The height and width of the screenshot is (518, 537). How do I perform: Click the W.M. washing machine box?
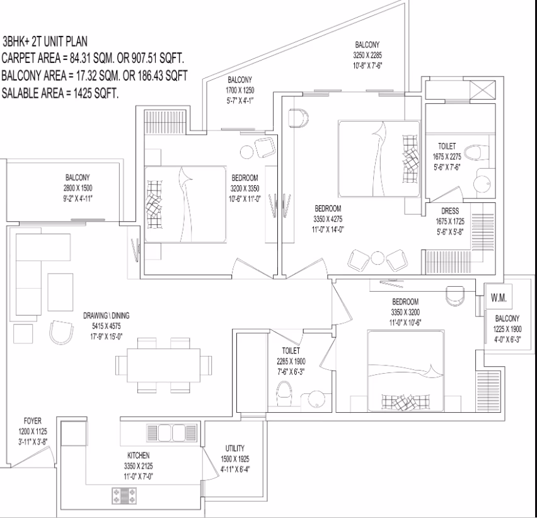tap(499, 297)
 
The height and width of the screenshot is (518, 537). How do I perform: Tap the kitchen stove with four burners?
tap(124, 496)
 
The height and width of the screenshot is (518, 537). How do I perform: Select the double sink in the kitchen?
tap(171, 433)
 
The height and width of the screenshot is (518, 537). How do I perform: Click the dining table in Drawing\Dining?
tap(164, 365)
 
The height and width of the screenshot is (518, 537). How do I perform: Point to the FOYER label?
tap(33, 421)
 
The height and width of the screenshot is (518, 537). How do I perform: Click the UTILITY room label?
tap(235, 448)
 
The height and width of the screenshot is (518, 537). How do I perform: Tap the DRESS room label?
tap(450, 211)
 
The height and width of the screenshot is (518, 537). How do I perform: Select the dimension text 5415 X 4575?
tap(106, 326)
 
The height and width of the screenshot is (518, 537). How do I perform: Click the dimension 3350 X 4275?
tap(328, 219)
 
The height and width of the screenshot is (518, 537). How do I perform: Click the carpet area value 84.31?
tap(80, 58)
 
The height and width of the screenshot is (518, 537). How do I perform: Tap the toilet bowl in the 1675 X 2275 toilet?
tap(476, 153)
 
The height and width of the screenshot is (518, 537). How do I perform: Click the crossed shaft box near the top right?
tap(482, 89)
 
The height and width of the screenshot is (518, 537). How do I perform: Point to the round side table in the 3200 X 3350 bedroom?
tap(246, 152)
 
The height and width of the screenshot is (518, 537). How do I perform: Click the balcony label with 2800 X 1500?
tap(78, 177)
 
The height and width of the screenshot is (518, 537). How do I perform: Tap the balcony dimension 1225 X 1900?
tap(507, 330)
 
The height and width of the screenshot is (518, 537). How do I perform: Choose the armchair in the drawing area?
tap(61, 332)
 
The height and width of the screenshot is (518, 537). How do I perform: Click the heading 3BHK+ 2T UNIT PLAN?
tap(45, 42)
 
